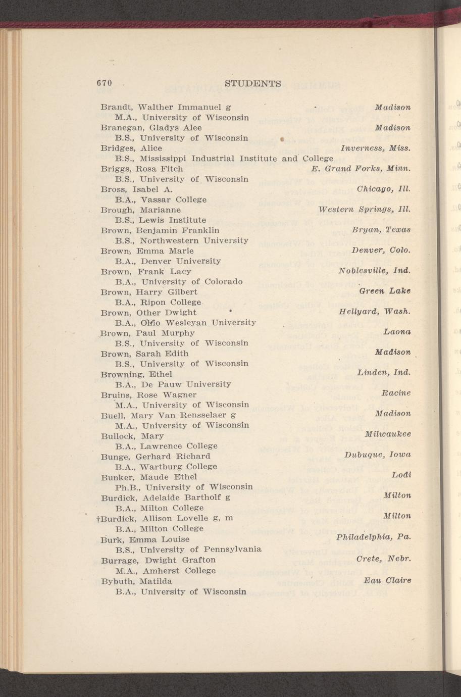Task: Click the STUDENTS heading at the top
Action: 252,83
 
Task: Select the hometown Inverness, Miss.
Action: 376,148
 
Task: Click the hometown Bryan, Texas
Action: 381,230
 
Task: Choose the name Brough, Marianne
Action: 141,210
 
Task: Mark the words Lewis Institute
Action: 173,220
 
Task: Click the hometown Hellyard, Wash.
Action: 375,312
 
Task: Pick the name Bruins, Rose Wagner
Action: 148,394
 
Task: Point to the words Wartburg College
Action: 178,466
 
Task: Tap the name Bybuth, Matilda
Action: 136,581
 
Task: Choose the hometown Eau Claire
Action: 387,580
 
